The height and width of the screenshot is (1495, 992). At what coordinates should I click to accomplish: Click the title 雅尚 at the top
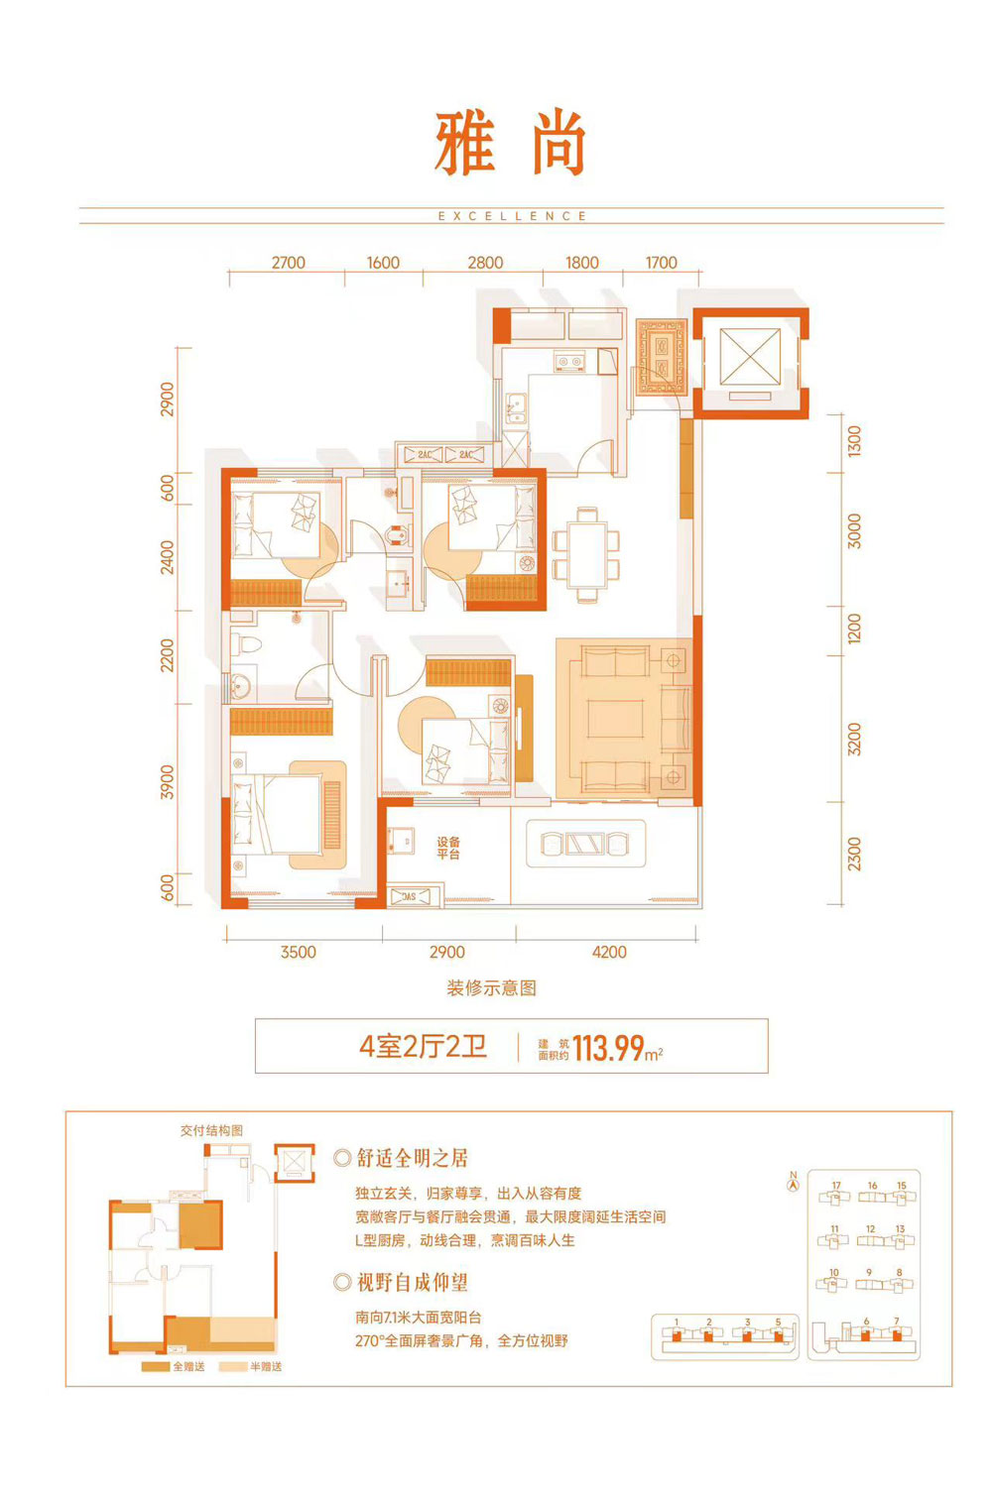click(x=511, y=144)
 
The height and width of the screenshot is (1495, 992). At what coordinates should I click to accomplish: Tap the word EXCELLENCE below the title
click(x=512, y=216)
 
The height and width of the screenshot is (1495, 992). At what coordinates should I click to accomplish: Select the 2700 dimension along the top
click(x=288, y=263)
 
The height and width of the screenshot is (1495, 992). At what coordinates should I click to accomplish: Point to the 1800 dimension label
click(x=582, y=263)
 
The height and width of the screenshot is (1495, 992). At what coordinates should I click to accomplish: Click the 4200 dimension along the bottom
click(x=609, y=952)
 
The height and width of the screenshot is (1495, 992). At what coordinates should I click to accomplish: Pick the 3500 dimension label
click(x=298, y=952)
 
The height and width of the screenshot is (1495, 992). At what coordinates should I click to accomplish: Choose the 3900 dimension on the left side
click(x=167, y=781)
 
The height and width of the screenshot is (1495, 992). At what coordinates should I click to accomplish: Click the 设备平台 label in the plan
click(x=448, y=848)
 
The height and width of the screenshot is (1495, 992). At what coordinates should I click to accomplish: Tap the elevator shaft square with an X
click(x=750, y=357)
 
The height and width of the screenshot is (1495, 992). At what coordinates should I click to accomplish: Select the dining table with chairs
click(x=587, y=555)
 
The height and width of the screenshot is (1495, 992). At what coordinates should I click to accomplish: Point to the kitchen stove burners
click(x=569, y=362)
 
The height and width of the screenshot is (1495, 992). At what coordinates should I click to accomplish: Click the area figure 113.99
click(x=608, y=1048)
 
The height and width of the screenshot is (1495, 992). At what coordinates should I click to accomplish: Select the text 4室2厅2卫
click(x=423, y=1047)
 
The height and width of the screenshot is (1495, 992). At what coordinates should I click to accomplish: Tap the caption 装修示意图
click(x=492, y=987)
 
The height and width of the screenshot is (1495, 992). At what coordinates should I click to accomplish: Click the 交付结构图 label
click(x=211, y=1130)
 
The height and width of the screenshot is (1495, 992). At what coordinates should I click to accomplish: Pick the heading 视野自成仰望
click(x=412, y=1283)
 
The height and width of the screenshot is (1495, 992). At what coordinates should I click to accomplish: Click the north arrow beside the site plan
click(x=793, y=1181)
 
